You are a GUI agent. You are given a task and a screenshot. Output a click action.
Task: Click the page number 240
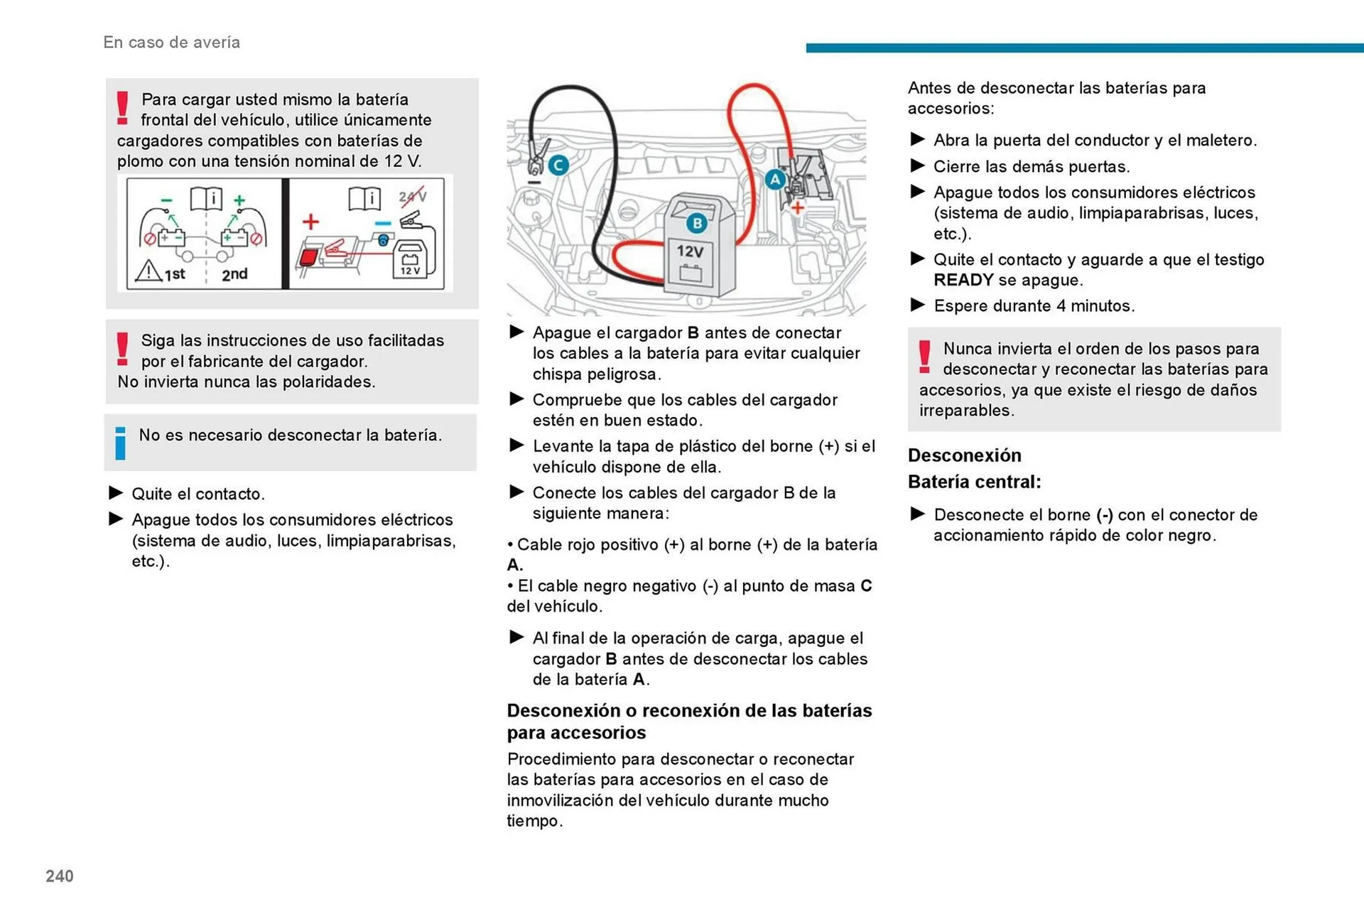60,876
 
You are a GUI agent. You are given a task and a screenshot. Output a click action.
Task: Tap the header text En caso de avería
171,43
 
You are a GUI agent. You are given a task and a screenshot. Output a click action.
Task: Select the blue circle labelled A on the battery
775,179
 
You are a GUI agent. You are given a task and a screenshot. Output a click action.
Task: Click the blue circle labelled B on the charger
697,223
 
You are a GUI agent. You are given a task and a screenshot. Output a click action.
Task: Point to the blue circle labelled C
558,166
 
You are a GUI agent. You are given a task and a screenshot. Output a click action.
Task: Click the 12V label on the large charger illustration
690,251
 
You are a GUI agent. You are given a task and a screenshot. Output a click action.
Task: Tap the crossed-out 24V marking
413,196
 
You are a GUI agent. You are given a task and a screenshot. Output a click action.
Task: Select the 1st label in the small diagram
175,274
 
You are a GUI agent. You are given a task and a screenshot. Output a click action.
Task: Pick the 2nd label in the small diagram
234,274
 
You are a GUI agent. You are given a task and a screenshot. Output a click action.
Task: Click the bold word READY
963,280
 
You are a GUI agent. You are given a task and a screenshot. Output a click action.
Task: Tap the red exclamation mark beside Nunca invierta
924,357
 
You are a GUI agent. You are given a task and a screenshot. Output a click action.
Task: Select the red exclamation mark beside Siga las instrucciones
123,349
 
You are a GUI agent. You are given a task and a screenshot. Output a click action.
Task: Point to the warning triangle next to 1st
148,271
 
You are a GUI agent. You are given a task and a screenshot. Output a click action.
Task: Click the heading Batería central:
974,482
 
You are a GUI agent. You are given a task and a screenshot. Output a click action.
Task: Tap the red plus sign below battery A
798,207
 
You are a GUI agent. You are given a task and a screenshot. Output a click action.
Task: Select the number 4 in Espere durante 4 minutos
1061,305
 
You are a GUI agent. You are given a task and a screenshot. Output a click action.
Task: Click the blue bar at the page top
1084,48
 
